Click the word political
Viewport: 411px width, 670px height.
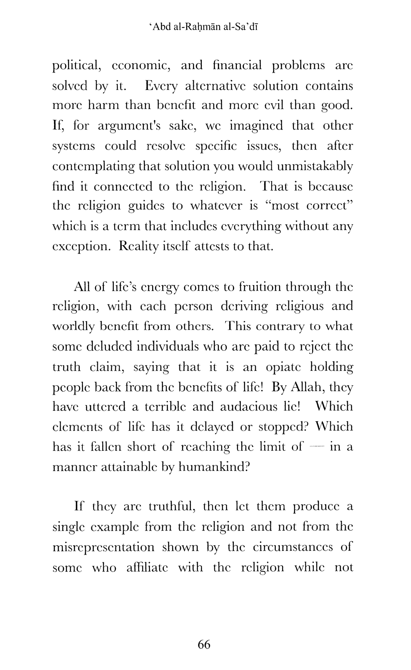[x=76, y=66]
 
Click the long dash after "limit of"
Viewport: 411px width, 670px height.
[x=317, y=447]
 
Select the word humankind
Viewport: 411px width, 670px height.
[x=213, y=467]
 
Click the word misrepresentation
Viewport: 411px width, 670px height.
[x=104, y=547]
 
